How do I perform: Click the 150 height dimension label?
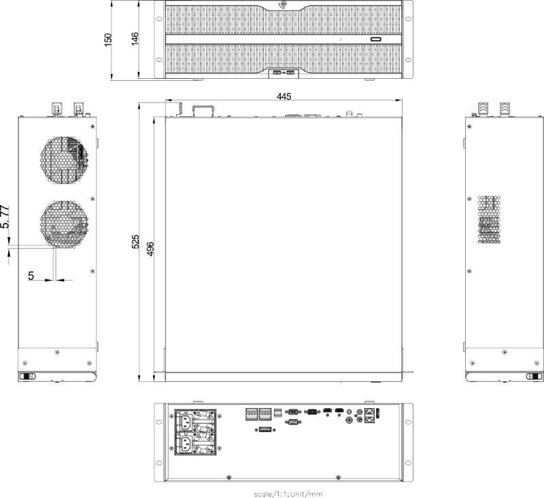pyautogui.click(x=108, y=40)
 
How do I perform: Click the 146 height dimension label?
pyautogui.click(x=135, y=39)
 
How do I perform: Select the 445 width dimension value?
pyautogui.click(x=284, y=96)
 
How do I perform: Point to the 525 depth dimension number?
pyautogui.click(x=135, y=242)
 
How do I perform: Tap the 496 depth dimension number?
pyautogui.click(x=150, y=249)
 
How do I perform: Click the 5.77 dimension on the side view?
pyautogui.click(x=5, y=217)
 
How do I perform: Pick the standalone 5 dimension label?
pyautogui.click(x=31, y=276)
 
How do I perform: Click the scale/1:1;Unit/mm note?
pyautogui.click(x=288, y=494)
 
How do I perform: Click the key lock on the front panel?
pyautogui.click(x=283, y=5)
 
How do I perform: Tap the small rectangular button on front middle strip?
pyautogui.click(x=376, y=39)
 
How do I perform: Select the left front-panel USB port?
pyautogui.click(x=277, y=73)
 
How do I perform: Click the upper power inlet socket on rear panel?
pyautogui.click(x=185, y=422)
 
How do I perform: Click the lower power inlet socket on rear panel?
pyautogui.click(x=185, y=444)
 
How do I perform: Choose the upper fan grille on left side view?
pyautogui.click(x=64, y=160)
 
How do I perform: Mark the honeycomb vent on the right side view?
pyautogui.click(x=489, y=219)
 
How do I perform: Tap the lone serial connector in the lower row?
pyautogui.click(x=293, y=422)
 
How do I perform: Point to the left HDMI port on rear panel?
pyautogui.click(x=327, y=411)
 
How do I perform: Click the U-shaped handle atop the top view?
pyautogui.click(x=203, y=110)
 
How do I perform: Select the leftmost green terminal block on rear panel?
pyautogui.click(x=252, y=414)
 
